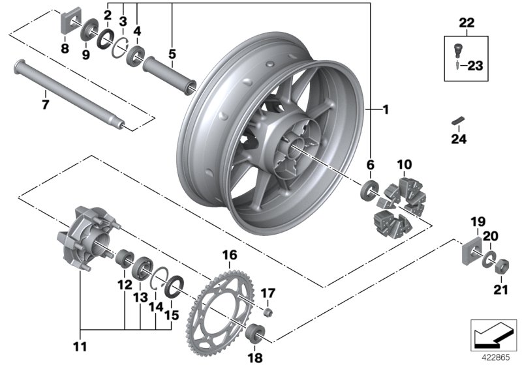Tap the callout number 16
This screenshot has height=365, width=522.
click(230, 254)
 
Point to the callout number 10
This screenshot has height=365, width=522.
click(404, 162)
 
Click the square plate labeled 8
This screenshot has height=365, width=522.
click(67, 25)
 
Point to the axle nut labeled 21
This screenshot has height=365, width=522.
click(503, 267)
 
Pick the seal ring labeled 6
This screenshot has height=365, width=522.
click(370, 192)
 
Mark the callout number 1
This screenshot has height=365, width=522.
click(385, 111)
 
